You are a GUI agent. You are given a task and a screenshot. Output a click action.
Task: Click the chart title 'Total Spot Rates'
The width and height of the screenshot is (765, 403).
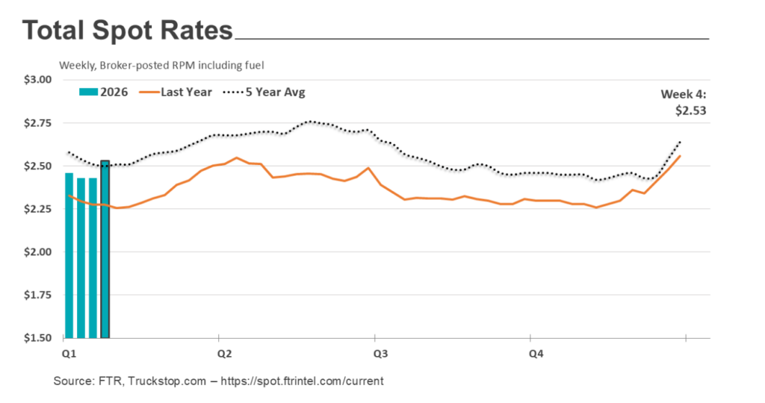pos(127,31)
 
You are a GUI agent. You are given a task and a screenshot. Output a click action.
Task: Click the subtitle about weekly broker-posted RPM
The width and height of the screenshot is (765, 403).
pos(158,66)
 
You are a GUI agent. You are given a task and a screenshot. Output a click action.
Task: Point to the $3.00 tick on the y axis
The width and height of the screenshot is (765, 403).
pos(37,80)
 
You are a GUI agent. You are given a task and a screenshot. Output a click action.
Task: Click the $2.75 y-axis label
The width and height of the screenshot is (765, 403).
pos(37,123)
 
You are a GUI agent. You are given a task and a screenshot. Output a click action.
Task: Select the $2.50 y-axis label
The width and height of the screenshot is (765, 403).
pos(37,166)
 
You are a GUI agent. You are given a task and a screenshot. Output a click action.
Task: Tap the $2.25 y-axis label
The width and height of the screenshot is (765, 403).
pos(37,209)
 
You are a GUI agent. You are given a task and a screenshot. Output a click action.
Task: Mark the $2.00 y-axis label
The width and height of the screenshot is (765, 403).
pos(37,252)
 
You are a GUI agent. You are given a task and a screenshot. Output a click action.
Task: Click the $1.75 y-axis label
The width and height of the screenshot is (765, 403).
pos(37,296)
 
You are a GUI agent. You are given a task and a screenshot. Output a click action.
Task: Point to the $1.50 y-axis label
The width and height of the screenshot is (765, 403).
pos(37,338)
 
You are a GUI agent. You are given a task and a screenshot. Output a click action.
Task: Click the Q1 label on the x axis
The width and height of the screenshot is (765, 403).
pos(68,352)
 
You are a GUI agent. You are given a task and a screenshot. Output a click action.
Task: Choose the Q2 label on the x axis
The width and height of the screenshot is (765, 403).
pos(223,352)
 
